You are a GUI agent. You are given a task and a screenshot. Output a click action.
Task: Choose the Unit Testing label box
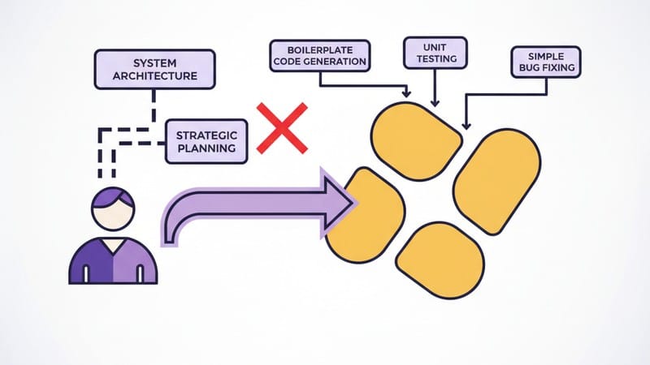(x=435, y=54)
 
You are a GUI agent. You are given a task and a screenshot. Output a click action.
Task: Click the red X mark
(x=282, y=127)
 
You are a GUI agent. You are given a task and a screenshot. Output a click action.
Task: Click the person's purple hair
(x=112, y=198)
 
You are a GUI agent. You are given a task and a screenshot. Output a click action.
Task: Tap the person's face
(x=112, y=214)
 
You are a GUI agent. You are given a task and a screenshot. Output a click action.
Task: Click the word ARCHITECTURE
(x=154, y=78)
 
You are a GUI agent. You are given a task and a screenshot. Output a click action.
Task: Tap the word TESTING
(x=435, y=60)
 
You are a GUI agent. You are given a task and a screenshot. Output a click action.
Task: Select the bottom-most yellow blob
(x=443, y=259)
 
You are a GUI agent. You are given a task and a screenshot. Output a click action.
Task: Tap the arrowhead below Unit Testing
(x=435, y=102)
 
